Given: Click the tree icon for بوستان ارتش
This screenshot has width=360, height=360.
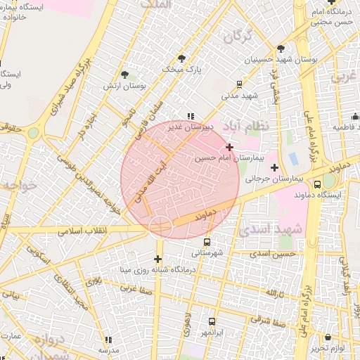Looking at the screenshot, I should [124, 75].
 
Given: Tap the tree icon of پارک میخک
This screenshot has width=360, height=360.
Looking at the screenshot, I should [182, 58].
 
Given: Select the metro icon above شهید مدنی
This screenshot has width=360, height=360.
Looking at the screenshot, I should [240, 83].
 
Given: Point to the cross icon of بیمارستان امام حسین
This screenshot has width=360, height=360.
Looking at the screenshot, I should [230, 146].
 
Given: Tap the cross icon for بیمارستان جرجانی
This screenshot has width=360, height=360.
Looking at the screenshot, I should [274, 167].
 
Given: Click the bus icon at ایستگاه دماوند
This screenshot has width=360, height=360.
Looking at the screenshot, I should [318, 184].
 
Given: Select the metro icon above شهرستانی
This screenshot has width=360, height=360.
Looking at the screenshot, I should [206, 242].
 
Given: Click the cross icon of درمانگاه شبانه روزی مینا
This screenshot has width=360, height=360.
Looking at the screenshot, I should [158, 259].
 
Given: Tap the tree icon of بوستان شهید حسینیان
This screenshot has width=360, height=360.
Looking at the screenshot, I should [281, 49].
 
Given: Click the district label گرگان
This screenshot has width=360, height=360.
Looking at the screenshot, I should [238, 36].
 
